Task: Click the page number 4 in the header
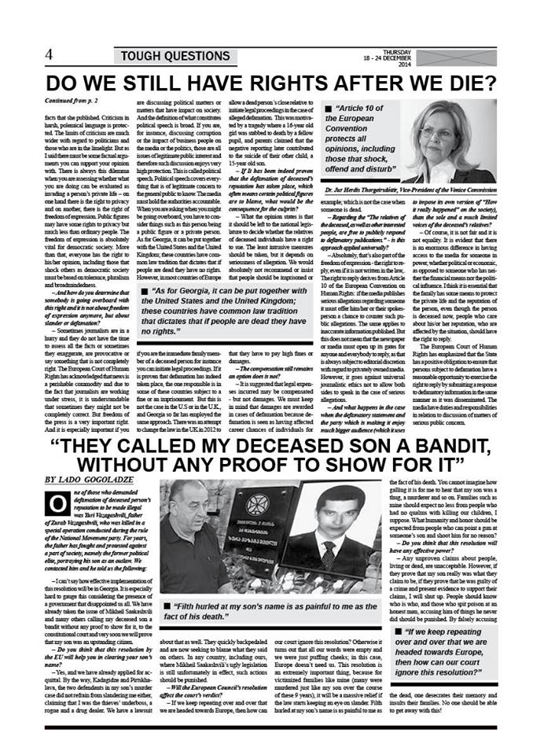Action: point(49,54)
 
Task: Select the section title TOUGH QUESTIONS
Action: point(175,56)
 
